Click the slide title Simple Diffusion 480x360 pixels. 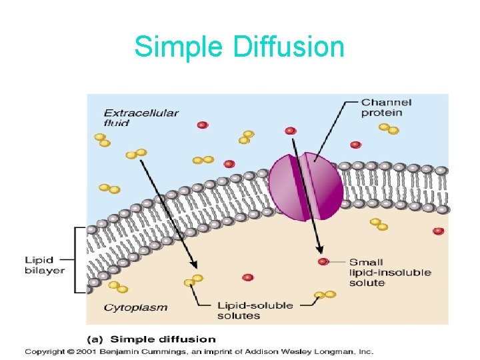239,47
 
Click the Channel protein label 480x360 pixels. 386,107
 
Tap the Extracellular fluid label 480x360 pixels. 141,117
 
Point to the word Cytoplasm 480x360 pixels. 135,308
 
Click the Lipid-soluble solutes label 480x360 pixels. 255,310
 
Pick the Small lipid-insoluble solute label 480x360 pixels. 390,272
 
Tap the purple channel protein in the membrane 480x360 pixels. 306,186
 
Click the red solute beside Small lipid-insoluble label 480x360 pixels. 323,262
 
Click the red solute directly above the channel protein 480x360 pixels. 290,131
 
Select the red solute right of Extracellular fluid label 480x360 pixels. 202,125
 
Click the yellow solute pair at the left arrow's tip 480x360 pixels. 193,281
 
